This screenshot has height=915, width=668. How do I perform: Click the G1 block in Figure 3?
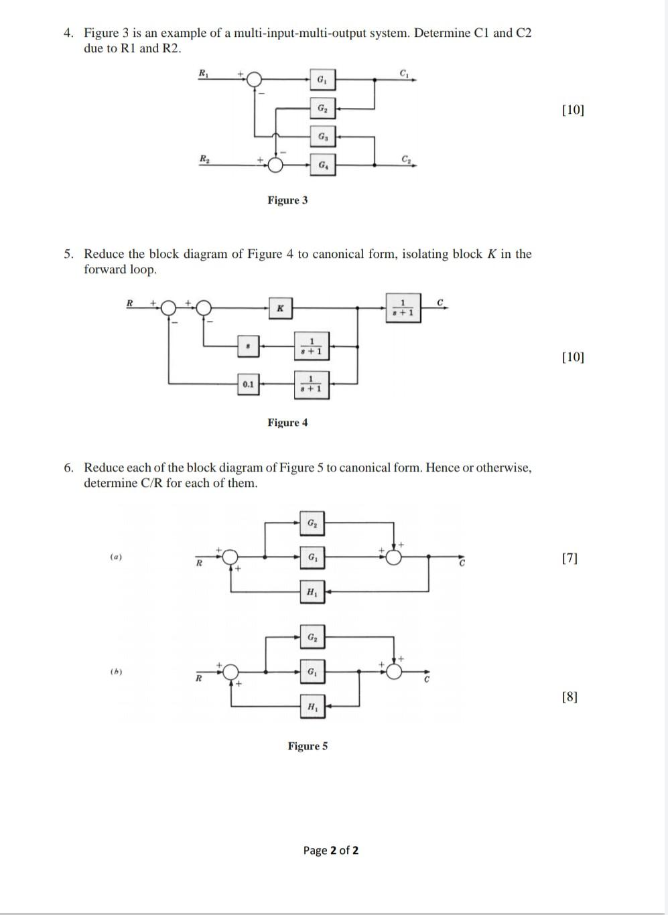tap(322, 80)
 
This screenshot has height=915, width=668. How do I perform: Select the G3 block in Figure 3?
tap(323, 137)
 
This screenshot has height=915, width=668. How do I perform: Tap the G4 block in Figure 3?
tap(323, 164)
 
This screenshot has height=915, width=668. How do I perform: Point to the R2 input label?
tap(204, 158)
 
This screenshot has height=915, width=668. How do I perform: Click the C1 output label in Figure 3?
tap(404, 72)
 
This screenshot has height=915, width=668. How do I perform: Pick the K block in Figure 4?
tap(280, 308)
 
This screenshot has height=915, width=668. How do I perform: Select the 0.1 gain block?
tap(249, 384)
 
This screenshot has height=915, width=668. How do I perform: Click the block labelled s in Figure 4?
tap(249, 346)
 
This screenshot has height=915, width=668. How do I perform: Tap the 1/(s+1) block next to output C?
tap(403, 307)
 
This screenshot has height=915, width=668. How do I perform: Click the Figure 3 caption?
tap(287, 200)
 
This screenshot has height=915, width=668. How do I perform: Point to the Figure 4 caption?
tap(287, 423)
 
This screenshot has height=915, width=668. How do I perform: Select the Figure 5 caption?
tap(308, 746)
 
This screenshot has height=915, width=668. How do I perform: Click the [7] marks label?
tap(570, 558)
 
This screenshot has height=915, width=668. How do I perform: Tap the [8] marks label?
tap(570, 697)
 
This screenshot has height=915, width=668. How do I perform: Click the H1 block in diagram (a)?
tap(312, 591)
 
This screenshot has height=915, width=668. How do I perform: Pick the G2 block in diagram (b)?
tap(312, 637)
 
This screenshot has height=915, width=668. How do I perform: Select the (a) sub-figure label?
tap(117, 557)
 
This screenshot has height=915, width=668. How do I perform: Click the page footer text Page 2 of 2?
tap(330, 851)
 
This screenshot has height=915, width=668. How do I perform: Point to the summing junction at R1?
tap(254, 80)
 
